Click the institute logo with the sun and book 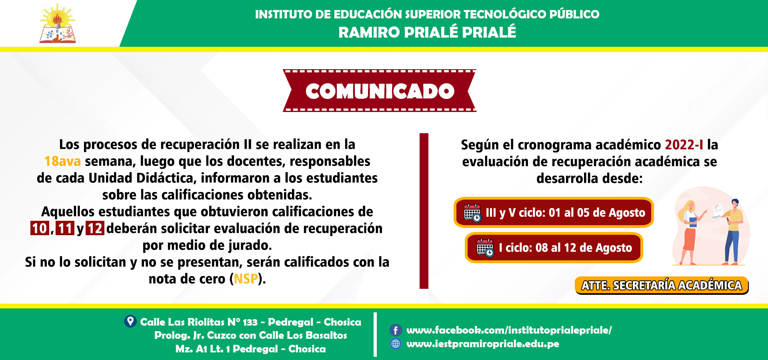[x=58, y=24]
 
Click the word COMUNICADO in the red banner [x=380, y=91]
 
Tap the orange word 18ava [x=63, y=161]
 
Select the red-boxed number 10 [x=40, y=228]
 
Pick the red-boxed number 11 [x=65, y=228]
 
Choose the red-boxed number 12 [x=95, y=228]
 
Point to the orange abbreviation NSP [x=246, y=279]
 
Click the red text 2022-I [x=684, y=144]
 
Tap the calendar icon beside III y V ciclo [x=472, y=213]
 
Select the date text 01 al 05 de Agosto [x=597, y=212]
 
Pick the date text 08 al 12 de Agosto [x=584, y=248]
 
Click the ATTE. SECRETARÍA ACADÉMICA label [x=662, y=285]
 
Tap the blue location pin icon [x=130, y=321]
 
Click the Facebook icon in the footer [x=396, y=330]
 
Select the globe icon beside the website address [x=396, y=344]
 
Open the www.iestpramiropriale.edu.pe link [x=483, y=344]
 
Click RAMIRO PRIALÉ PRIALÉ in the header [x=427, y=32]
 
